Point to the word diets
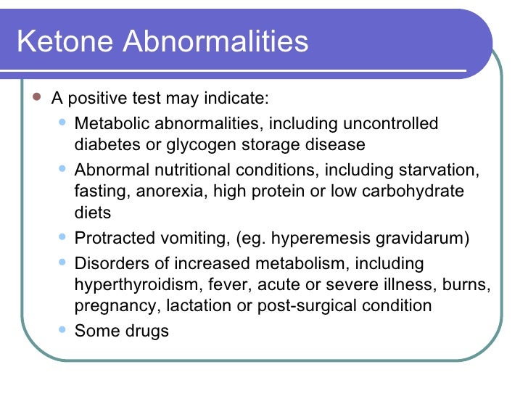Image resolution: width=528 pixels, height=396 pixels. tap(93, 213)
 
